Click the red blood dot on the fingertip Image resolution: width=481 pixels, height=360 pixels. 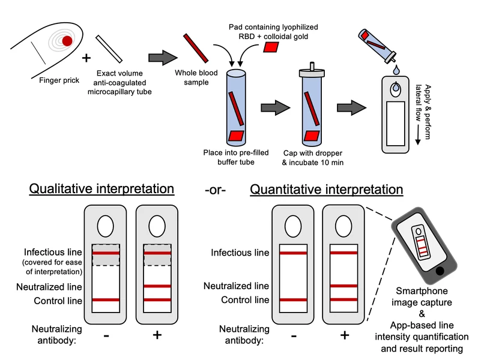pos(67,41)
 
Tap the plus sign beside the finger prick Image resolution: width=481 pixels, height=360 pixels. pos(86,58)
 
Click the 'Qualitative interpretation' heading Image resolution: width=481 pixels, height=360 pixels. pos(103,190)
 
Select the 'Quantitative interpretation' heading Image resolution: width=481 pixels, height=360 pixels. pos(327,190)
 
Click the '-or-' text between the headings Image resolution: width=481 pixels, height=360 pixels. pos(215,191)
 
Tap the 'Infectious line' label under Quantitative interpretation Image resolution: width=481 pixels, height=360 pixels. pos(240,253)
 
